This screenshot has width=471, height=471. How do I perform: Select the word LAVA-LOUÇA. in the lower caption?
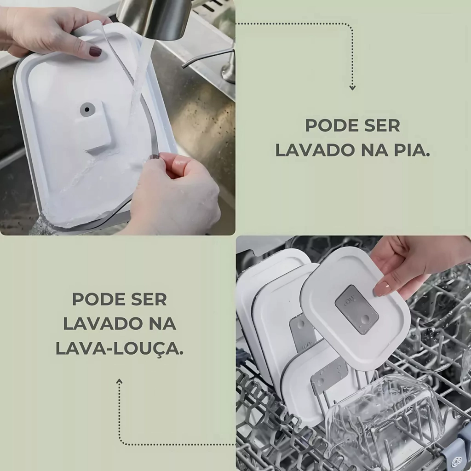point(119,349)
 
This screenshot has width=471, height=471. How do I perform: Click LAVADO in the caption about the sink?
point(315,150)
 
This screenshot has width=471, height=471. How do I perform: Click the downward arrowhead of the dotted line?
point(352,87)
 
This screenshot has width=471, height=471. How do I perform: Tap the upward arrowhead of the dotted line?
point(119,381)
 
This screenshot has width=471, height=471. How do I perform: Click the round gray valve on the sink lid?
point(87,109)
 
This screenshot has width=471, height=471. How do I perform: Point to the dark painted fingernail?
point(96,52)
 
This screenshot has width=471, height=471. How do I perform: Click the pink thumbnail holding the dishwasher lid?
point(381,288)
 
